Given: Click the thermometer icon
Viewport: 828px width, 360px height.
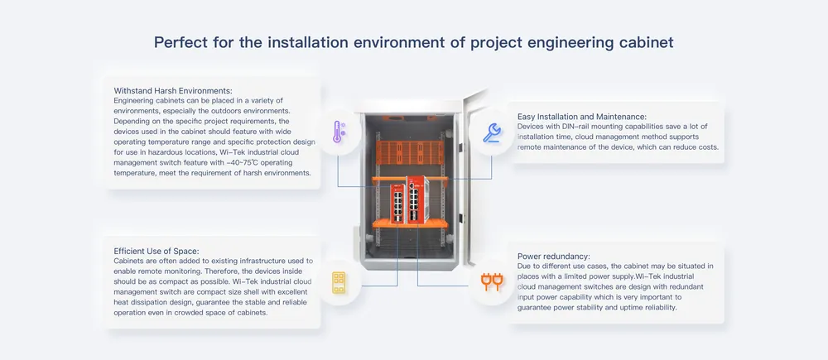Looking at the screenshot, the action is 338,132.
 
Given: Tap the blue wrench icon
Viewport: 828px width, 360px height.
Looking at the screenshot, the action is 492,132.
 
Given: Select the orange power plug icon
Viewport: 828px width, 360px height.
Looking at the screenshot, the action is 492,282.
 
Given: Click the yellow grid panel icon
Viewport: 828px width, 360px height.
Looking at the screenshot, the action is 339,283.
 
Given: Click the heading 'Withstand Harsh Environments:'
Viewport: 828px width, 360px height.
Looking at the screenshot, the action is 173,90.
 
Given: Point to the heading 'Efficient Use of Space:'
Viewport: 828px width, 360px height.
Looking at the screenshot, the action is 156,251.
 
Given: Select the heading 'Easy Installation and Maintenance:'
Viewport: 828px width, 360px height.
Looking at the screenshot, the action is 582,116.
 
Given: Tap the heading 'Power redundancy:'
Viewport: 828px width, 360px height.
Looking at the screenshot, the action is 554,256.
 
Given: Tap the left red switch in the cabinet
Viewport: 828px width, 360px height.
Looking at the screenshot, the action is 397,204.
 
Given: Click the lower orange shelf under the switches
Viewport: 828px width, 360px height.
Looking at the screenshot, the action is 410,224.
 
